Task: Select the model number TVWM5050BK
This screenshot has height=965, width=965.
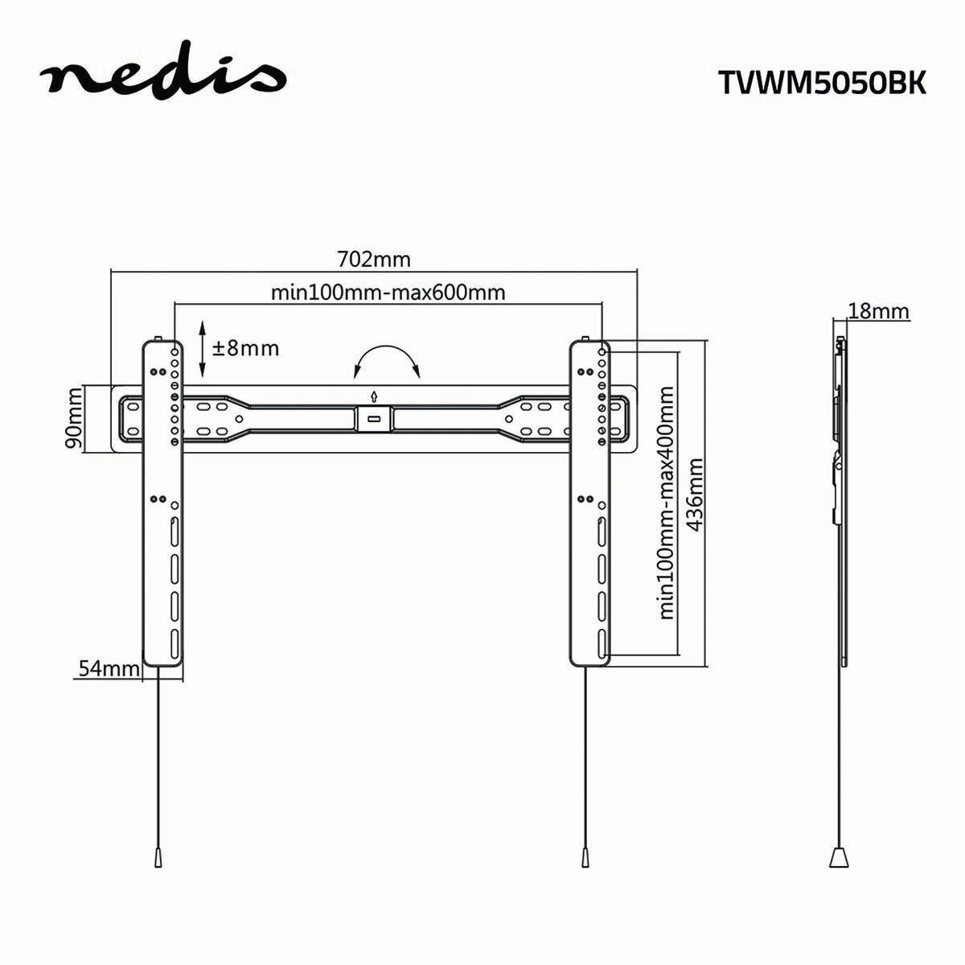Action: coord(821,83)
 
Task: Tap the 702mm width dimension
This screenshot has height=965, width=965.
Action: coord(373,259)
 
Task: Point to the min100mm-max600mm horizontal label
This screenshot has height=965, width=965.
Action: coord(388,291)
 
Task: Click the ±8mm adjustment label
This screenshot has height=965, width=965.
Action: coord(245,348)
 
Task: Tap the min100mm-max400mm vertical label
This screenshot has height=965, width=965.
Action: coord(666,503)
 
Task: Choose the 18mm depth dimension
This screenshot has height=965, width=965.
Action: coord(878,311)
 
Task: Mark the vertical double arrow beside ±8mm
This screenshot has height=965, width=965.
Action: coord(202,348)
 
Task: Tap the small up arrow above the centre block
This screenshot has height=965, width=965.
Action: coord(374,396)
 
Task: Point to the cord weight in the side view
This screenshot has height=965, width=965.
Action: coord(840,832)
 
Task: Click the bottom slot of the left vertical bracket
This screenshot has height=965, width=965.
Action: coord(174,643)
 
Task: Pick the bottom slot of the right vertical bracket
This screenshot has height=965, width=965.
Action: coord(601,643)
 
